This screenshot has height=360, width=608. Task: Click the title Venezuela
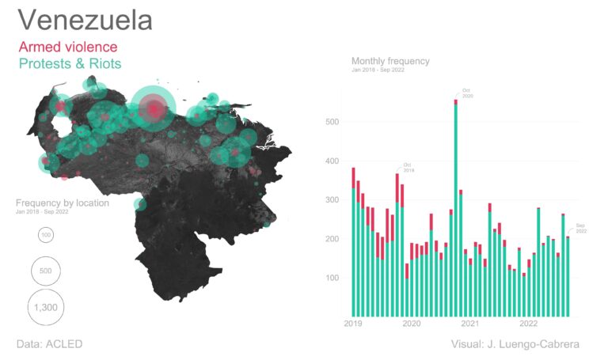(85, 21)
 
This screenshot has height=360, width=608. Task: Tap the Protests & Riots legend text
(70, 63)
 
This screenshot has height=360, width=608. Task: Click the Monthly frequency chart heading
(390, 61)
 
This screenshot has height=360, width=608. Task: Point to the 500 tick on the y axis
(332, 122)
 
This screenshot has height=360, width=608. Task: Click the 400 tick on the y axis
(332, 161)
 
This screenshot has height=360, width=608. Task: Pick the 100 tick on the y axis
(332, 279)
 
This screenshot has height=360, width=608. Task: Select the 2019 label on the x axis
(353, 324)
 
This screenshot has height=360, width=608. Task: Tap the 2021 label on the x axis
(470, 324)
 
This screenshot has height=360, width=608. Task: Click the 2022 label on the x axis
(529, 324)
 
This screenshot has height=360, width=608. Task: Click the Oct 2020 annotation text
(467, 93)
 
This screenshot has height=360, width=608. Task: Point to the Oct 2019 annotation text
(408, 167)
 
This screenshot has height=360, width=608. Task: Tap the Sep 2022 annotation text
(580, 227)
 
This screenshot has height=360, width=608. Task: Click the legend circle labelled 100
(46, 235)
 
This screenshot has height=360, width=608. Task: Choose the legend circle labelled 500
(46, 271)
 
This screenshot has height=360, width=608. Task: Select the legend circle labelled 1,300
(46, 307)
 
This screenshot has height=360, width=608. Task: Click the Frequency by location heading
(62, 203)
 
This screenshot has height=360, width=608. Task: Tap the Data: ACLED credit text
(49, 344)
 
